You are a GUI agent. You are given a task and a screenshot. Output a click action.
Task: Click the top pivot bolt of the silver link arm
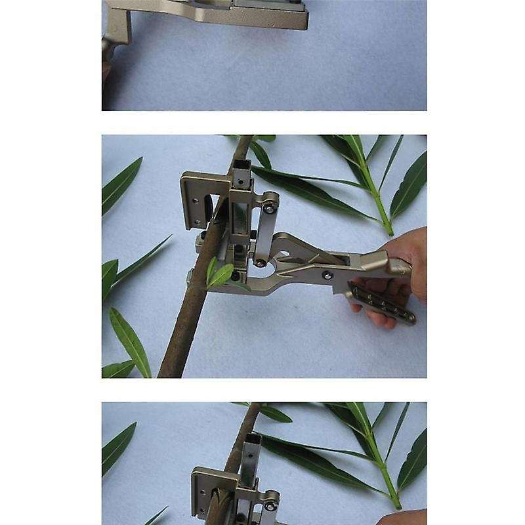[270, 209]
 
